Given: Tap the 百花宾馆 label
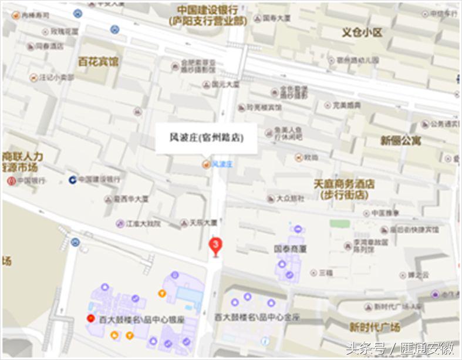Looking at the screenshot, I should (x=98, y=61).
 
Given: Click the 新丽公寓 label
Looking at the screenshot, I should (x=401, y=140).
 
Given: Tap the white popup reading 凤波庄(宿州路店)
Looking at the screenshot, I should (x=206, y=138).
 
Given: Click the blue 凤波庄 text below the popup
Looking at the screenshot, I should (x=222, y=164).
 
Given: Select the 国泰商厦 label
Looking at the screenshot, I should (x=290, y=248).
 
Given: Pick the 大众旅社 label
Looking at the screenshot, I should (x=291, y=198).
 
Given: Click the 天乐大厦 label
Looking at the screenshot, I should (x=203, y=223).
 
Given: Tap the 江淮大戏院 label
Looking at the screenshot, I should (x=143, y=224).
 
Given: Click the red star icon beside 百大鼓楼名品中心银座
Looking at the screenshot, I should (x=90, y=319).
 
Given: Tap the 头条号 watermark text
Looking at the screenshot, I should (x=365, y=348).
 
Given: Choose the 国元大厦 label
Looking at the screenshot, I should (x=226, y=85).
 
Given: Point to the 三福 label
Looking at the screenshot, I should (x=325, y=272).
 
